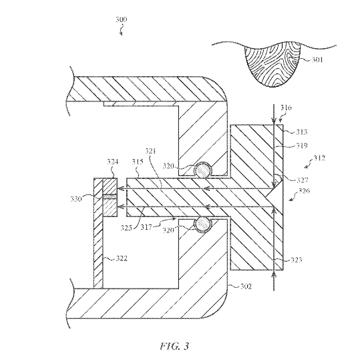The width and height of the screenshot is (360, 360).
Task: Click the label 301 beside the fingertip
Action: [x=319, y=60]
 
